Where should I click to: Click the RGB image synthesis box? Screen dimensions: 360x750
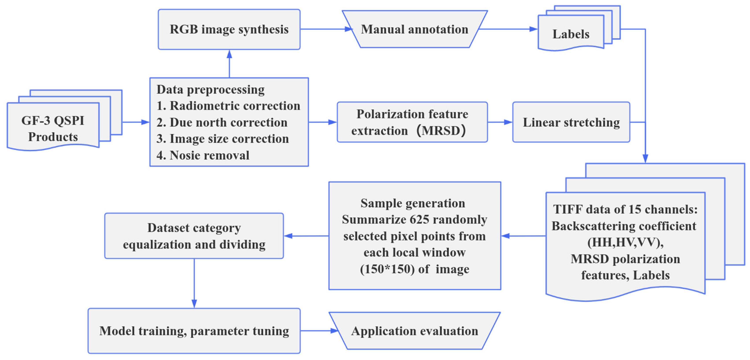tap(229, 29)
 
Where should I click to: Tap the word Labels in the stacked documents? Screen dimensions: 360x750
tap(571, 34)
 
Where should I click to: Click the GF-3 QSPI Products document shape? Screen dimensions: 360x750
tap(53, 128)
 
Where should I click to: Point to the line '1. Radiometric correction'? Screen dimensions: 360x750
tap(228, 106)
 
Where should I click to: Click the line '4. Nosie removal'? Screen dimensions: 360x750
tap(203, 155)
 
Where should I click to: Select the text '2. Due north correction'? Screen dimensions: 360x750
tap(222, 122)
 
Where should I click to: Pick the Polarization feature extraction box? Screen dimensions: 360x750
tap(412, 122)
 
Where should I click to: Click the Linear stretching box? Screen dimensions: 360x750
tap(571, 122)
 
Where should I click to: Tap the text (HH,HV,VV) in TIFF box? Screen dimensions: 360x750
tap(625, 242)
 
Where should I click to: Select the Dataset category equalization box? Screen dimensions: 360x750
tap(194, 236)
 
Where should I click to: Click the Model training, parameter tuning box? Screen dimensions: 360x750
tap(194, 331)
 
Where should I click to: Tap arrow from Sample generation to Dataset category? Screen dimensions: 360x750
tap(306, 236)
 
